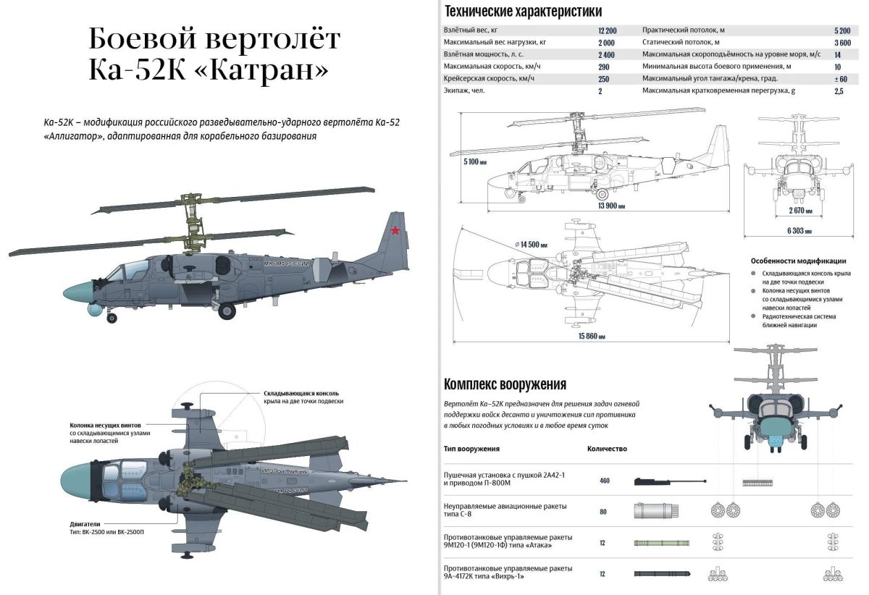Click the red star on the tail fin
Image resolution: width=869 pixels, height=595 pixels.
click(x=395, y=231)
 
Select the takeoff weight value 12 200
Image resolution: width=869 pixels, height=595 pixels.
click(x=607, y=30)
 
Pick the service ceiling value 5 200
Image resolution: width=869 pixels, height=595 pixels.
click(x=842, y=30)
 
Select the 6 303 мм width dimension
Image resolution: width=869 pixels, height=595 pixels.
click(x=798, y=231)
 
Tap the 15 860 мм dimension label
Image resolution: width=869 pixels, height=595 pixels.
click(x=592, y=337)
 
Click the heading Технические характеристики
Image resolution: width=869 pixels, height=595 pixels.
click(x=523, y=11)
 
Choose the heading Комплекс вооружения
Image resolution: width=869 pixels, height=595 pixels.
click(x=505, y=384)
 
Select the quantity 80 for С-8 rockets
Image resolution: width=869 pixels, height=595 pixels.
click(x=603, y=512)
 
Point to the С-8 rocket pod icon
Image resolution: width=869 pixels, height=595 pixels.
click(x=656, y=512)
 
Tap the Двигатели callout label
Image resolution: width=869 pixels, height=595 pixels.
click(x=85, y=523)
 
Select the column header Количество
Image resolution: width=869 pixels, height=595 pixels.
click(x=607, y=449)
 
